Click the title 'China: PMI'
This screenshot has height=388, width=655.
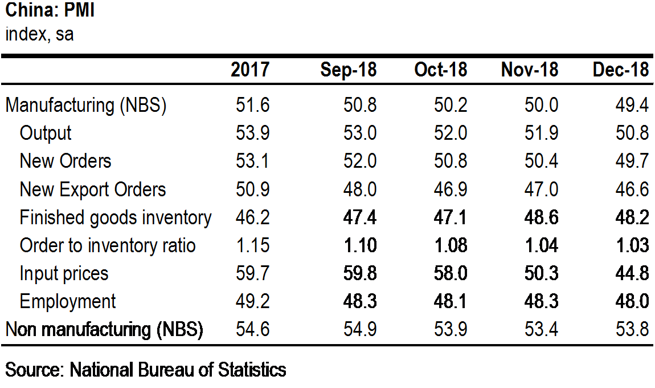(x=50, y=10)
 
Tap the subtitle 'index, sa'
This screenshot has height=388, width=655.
(x=39, y=34)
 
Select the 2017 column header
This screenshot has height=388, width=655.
(x=250, y=70)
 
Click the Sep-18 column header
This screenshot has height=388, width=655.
(x=349, y=70)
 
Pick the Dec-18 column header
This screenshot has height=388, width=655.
(x=621, y=70)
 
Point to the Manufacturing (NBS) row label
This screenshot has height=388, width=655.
(x=85, y=105)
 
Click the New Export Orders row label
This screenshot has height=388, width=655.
(x=93, y=189)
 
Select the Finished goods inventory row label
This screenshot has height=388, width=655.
(x=116, y=217)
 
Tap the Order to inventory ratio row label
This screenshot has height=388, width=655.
(x=107, y=245)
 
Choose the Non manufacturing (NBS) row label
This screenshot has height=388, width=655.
(x=104, y=329)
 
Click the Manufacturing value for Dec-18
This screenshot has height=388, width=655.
(x=632, y=105)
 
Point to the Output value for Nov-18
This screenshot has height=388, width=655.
(x=541, y=133)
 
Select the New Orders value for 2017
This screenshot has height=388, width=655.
(x=252, y=161)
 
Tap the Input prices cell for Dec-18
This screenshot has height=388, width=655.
(x=632, y=273)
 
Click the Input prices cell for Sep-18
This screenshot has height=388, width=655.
(x=359, y=273)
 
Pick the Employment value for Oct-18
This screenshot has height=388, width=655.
(x=451, y=301)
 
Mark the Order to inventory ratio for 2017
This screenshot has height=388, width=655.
(x=252, y=245)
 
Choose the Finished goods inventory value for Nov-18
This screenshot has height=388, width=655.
(x=541, y=217)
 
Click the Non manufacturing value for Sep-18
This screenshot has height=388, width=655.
(x=359, y=329)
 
